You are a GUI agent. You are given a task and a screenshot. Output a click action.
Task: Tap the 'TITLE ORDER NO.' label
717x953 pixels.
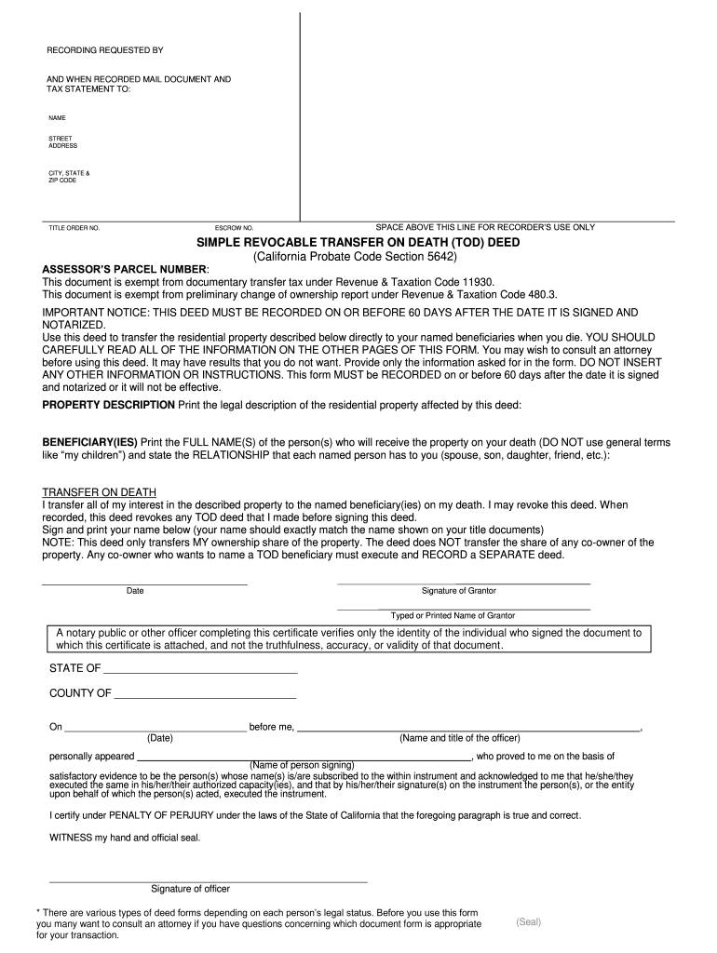pos(74,228)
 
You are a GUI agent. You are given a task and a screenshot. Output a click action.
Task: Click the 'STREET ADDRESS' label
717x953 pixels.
pos(62,142)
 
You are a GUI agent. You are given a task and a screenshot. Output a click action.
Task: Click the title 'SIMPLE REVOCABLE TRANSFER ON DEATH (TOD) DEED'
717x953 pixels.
pos(358,243)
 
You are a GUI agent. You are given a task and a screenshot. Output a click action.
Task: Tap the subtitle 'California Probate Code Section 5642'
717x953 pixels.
pos(358,256)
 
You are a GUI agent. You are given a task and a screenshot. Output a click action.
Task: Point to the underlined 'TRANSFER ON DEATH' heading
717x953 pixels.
pos(100,491)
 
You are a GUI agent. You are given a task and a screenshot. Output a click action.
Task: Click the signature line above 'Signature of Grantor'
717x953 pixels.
pos(463,584)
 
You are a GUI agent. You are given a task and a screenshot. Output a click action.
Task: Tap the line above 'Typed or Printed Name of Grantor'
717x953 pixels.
pos(463,609)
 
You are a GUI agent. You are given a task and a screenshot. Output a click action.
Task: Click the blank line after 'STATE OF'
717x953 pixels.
pos(200,671)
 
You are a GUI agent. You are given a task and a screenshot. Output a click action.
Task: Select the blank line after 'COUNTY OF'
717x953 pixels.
pos(205,696)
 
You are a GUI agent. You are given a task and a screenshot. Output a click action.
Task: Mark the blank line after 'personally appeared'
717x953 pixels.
pos(305,759)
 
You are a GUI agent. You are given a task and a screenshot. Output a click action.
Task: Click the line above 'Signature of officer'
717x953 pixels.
pos(208,881)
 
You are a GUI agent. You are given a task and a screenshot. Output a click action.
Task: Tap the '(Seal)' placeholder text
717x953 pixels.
pos(528,922)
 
